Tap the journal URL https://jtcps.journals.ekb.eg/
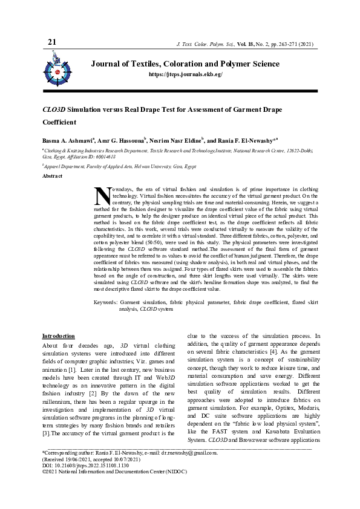click(186, 74)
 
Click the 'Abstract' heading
click(51, 176)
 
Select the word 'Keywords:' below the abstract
click(106, 302)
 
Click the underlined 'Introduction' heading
click(58, 336)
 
